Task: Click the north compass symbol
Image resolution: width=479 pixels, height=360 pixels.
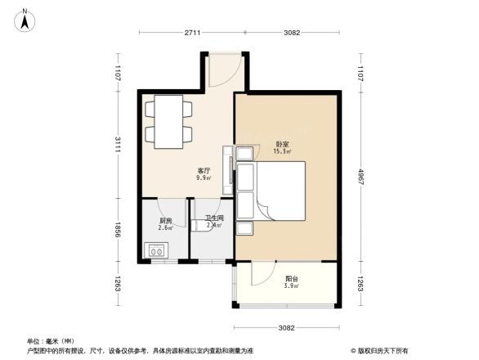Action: (x=26, y=19)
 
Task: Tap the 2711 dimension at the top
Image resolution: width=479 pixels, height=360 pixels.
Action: (x=191, y=33)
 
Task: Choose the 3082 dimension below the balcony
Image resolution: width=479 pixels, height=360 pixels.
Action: (x=285, y=328)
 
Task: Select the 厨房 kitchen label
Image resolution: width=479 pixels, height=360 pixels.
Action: (x=165, y=221)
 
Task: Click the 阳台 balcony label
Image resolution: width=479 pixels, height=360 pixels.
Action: (x=291, y=279)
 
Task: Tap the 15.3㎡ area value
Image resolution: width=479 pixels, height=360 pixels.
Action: (x=282, y=151)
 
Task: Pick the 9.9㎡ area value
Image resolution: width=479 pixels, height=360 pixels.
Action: (x=203, y=178)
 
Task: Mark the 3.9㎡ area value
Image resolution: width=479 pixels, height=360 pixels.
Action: (x=291, y=286)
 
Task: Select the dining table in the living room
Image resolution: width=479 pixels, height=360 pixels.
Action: (x=169, y=121)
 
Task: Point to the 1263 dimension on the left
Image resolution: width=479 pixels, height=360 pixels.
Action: (x=118, y=284)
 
